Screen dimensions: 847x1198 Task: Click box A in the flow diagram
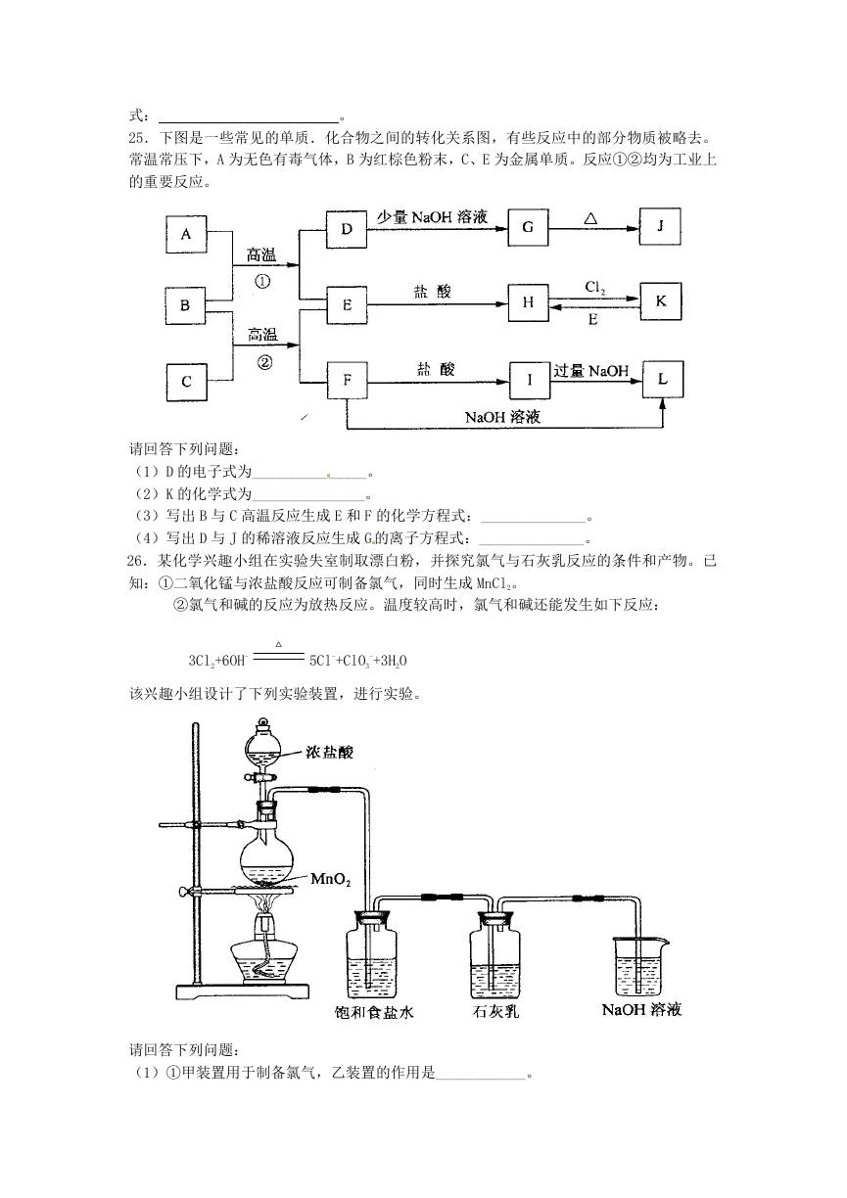coord(186,234)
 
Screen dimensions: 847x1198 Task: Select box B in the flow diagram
coord(185,305)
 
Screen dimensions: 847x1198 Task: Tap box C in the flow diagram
coord(186,382)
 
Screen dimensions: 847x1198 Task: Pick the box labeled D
coord(347,229)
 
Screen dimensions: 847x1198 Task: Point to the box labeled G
coord(528,228)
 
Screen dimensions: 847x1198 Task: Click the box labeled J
coord(660,226)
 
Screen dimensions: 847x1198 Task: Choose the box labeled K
coord(661,301)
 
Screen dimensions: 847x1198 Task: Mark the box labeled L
coord(663,379)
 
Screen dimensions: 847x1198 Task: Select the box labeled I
coord(530,381)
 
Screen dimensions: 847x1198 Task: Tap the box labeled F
coord(348,381)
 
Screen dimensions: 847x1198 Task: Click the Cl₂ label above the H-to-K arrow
coord(595,289)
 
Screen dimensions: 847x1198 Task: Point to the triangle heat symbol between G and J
coord(590,218)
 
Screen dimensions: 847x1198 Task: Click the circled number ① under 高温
coord(262,281)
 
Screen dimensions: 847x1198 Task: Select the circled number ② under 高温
coord(264,362)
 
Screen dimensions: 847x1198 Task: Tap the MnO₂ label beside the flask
coord(331,879)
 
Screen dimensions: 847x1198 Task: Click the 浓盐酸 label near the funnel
coord(329,753)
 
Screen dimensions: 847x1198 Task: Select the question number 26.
coord(136,561)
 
